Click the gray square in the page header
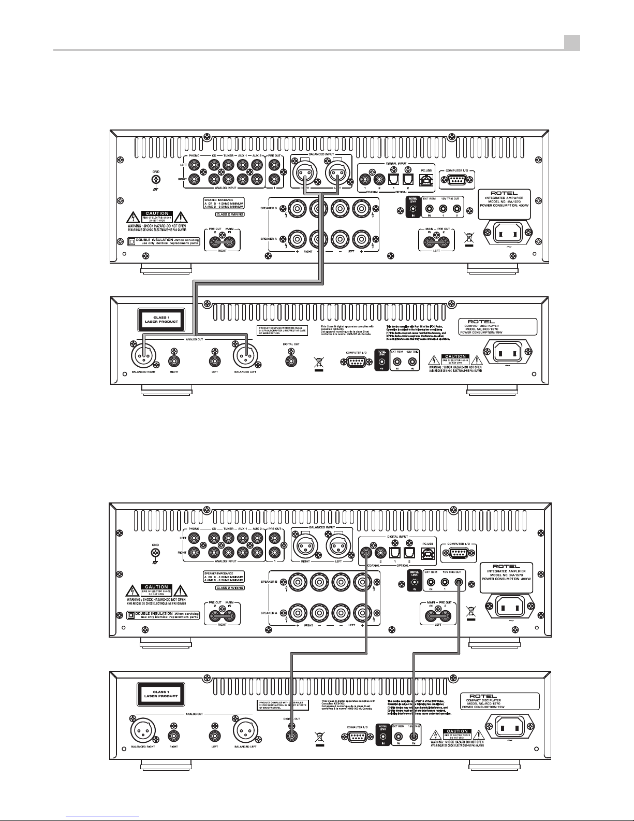click(572, 42)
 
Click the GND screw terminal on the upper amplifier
click(155, 180)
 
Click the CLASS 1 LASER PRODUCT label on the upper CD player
click(160, 319)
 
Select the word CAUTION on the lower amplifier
click(157, 587)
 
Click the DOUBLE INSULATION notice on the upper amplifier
click(164, 241)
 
